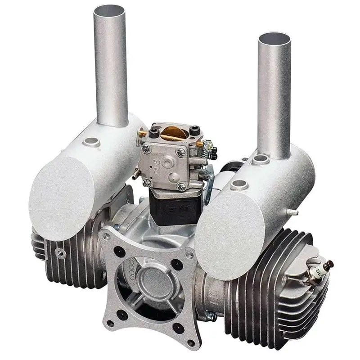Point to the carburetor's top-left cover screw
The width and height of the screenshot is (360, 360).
146,148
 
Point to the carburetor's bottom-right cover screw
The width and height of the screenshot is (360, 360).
181,186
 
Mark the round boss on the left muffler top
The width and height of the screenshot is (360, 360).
91,141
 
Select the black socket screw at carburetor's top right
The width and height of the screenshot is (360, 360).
195,130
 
